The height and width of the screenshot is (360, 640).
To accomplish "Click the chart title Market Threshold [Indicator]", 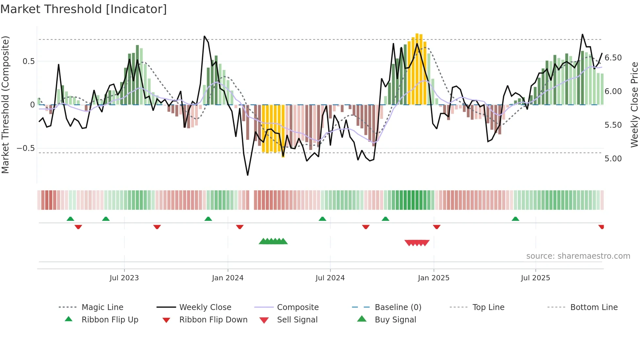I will [84, 9].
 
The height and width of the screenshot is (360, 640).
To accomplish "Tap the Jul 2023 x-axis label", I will [124, 278].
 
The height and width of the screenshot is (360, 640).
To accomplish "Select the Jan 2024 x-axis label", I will [228, 278].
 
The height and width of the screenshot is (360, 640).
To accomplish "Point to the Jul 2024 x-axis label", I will [330, 278].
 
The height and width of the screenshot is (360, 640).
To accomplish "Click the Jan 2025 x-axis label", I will [434, 278].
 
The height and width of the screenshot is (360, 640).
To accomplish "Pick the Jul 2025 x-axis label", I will [536, 278].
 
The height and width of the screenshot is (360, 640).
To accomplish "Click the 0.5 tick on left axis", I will [29, 61].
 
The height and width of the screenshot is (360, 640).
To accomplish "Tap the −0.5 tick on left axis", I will [26, 148].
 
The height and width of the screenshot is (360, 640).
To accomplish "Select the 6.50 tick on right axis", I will [613, 58].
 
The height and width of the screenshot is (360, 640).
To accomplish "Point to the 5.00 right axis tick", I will [613, 159].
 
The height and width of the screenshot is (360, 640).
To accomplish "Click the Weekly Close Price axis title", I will [634, 105].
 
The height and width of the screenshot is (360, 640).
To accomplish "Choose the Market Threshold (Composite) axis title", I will [5, 105].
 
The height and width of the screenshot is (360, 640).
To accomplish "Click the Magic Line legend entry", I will [102, 307].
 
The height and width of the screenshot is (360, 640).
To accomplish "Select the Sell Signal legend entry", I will [297, 320].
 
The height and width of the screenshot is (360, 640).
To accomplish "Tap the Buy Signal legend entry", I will [395, 320].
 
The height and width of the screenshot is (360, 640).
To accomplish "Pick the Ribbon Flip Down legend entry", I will [213, 320].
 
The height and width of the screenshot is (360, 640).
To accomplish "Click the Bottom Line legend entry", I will [594, 307].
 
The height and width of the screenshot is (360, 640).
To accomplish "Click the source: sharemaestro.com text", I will [578, 256].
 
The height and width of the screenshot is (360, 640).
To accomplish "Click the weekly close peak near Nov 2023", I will [204, 36].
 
